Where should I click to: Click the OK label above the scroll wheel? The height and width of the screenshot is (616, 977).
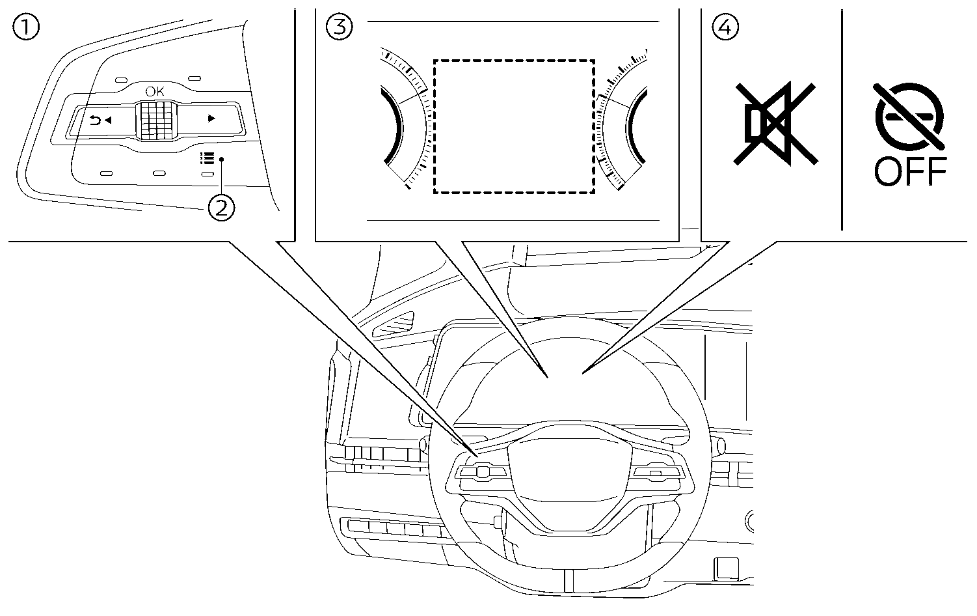[x=155, y=91]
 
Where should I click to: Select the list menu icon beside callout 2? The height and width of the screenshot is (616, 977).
[x=207, y=158]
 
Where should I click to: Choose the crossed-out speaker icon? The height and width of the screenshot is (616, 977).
[x=774, y=122]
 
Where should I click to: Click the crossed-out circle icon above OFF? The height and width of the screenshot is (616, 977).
[x=909, y=116]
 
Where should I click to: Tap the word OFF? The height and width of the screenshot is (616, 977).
[x=909, y=173]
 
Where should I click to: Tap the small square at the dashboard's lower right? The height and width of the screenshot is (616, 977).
[x=727, y=568]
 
